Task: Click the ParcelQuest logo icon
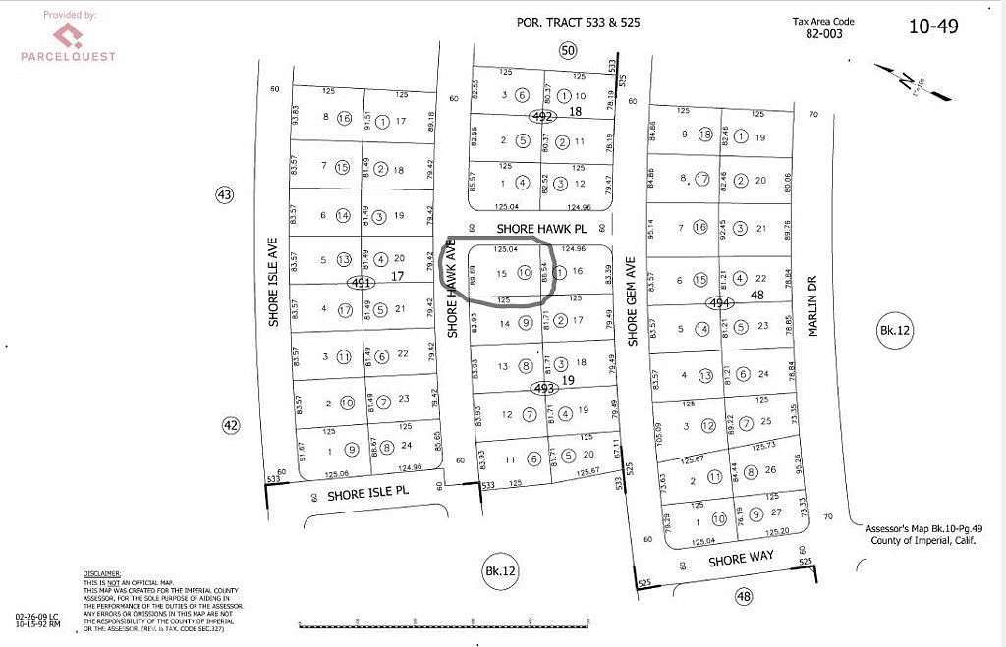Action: pyautogui.click(x=67, y=35)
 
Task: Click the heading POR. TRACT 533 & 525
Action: pyautogui.click(x=579, y=21)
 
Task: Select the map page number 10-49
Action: pyautogui.click(x=932, y=27)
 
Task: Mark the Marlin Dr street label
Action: pyautogui.click(x=813, y=304)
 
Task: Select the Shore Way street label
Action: pyautogui.click(x=742, y=557)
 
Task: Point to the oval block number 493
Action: pyautogui.click(x=543, y=389)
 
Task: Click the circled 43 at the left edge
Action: pyautogui.click(x=225, y=195)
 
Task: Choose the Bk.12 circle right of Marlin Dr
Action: pyautogui.click(x=896, y=332)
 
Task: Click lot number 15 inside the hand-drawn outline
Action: pyautogui.click(x=502, y=272)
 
